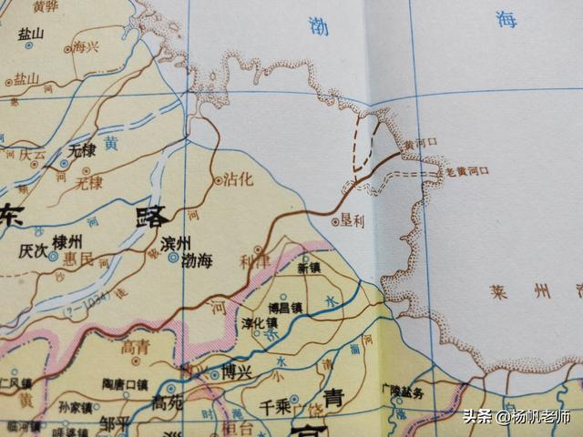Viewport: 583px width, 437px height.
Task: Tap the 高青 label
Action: pyautogui.click(x=135, y=346)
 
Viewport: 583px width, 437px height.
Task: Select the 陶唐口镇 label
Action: pyautogui.click(x=125, y=384)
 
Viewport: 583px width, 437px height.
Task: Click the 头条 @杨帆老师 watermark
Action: pyautogui.click(x=516, y=418)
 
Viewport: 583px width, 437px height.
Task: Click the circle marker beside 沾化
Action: pyautogui.click(x=218, y=181)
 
